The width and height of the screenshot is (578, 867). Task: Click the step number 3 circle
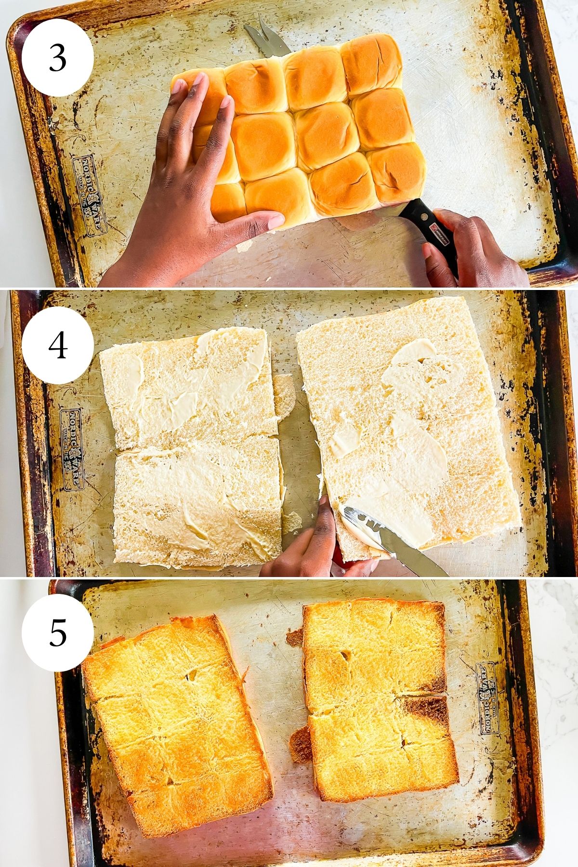57,58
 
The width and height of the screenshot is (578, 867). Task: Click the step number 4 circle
57,345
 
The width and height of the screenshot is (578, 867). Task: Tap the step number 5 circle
57,632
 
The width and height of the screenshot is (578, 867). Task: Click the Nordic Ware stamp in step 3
90,196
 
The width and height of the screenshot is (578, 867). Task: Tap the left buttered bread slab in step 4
193,448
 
